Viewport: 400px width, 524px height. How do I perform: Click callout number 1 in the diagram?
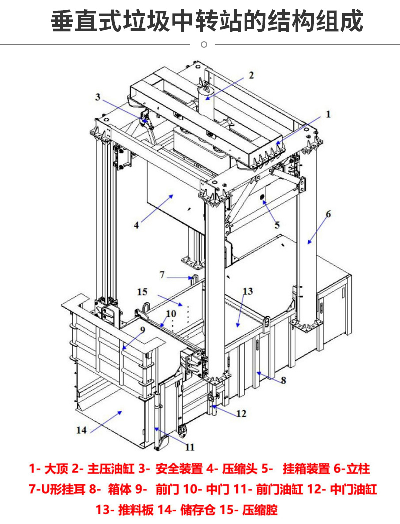[x=328, y=114]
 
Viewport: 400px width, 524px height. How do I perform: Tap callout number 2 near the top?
[x=251, y=75]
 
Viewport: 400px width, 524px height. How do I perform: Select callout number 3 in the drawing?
[x=98, y=97]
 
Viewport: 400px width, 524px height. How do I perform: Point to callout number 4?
[x=136, y=225]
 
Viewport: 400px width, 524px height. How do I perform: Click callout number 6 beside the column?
[x=328, y=214]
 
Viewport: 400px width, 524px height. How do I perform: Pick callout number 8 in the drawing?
[x=283, y=380]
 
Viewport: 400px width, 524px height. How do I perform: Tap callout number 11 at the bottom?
[x=190, y=447]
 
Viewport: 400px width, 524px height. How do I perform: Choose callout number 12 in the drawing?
[x=241, y=414]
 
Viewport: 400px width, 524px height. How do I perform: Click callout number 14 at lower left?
[x=82, y=429]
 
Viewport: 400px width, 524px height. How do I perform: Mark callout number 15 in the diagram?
[x=142, y=291]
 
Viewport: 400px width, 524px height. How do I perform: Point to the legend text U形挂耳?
[x=62, y=489]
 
